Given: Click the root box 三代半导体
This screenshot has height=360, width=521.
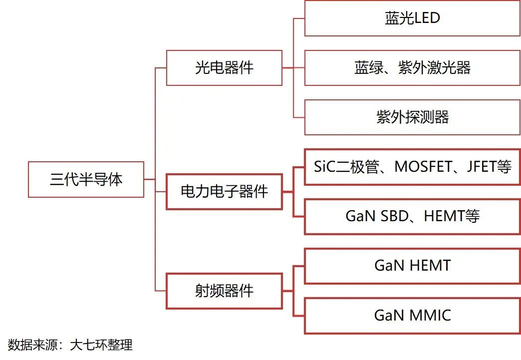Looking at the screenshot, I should (x=86, y=179).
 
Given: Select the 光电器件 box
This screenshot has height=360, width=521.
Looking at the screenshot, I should (x=224, y=68).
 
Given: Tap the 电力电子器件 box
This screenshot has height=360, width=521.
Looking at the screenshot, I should (x=224, y=191).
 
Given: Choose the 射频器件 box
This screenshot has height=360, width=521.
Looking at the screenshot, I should (x=224, y=291).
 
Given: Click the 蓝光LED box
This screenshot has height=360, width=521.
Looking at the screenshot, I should (x=412, y=18).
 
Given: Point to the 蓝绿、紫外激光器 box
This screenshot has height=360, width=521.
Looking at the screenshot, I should (x=412, y=68).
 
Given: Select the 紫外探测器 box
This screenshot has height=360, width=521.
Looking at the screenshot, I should (x=412, y=117).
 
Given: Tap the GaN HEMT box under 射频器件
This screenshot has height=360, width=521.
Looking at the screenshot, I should (x=412, y=266).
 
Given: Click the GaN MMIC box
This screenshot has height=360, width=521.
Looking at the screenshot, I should (x=412, y=316).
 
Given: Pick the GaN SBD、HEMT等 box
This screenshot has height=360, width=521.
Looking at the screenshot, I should (x=412, y=216).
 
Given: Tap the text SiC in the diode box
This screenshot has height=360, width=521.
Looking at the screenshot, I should (x=325, y=167).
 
